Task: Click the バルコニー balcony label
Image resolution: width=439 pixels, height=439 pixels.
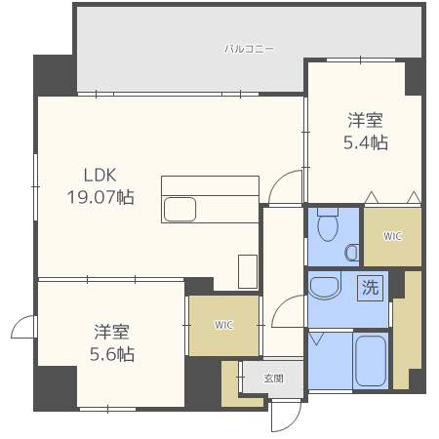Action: [249, 47]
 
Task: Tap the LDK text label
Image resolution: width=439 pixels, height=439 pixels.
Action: [99, 176]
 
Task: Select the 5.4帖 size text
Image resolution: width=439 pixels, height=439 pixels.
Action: [365, 142]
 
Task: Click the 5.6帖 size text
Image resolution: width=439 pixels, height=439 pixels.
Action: [114, 353]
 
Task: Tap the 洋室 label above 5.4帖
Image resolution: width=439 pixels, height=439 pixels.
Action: [365, 120]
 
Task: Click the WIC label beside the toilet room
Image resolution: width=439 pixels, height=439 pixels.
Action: [392, 236]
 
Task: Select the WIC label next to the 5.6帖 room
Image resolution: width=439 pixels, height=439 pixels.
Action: [224, 325]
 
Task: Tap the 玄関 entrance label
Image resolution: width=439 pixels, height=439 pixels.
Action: [274, 379]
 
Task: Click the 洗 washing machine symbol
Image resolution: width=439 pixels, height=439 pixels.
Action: [370, 288]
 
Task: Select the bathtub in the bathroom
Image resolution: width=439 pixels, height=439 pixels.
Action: [370, 361]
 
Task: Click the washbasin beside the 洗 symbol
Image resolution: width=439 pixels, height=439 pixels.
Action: [323, 287]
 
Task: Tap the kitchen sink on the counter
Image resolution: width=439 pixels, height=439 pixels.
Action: [180, 209]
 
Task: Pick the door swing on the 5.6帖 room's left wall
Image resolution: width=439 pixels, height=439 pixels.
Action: [22, 328]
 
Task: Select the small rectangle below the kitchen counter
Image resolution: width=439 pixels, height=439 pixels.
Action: [248, 270]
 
